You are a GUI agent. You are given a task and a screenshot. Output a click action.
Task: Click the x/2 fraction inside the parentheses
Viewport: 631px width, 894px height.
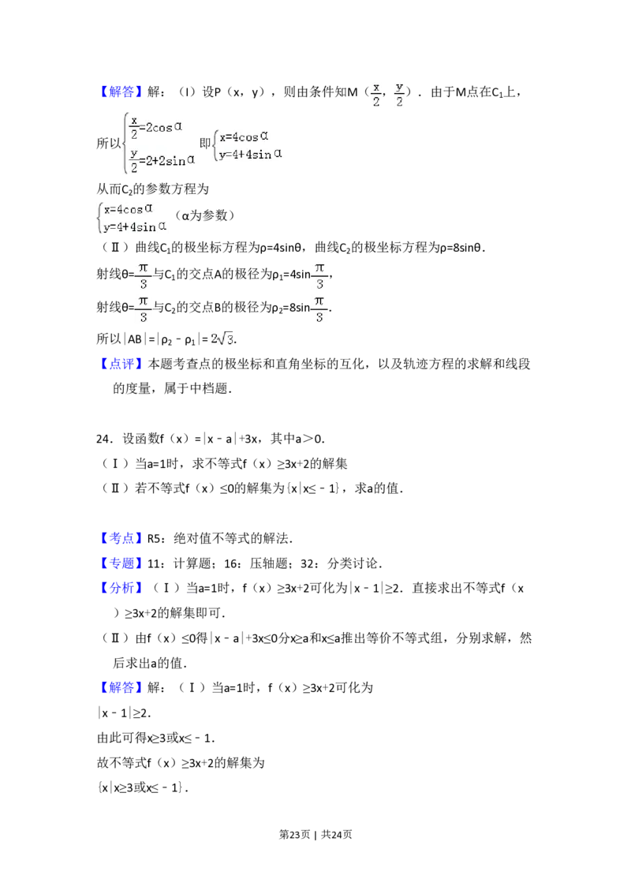tap(376, 95)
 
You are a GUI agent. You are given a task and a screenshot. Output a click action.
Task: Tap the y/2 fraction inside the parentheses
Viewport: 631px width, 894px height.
tap(400, 95)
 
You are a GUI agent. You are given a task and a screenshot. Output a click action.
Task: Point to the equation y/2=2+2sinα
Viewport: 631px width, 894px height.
tap(161, 159)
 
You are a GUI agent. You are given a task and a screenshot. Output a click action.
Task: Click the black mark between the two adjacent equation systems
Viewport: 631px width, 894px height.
tap(204, 143)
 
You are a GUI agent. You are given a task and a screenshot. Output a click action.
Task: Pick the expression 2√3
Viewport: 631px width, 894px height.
tap(221, 339)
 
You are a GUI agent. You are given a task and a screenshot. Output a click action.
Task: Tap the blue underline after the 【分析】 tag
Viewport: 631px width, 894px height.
tap(167, 597)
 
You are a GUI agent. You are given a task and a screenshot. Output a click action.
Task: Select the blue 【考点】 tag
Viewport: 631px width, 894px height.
tap(121, 539)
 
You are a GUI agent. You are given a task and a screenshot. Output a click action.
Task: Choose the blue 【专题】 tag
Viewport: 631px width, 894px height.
tap(121, 563)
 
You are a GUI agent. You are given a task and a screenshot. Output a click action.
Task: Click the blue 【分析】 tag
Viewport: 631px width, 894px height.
tap(121, 589)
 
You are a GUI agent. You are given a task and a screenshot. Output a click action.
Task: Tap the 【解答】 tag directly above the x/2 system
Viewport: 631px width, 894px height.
tap(121, 92)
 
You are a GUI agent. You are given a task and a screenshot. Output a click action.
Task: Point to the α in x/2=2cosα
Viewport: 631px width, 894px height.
tap(179, 125)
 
